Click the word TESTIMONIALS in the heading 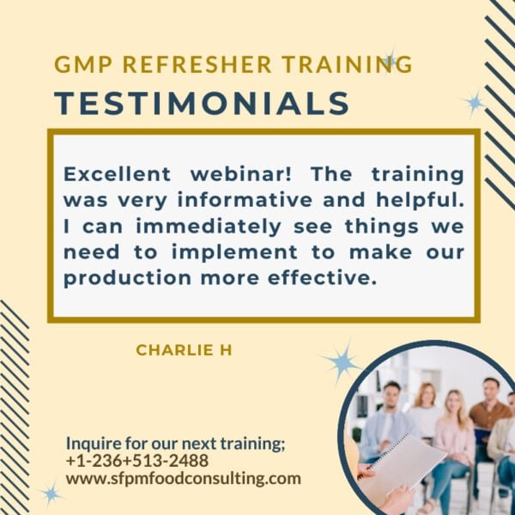[202, 103]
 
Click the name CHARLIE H [184, 350]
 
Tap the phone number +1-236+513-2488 [136, 461]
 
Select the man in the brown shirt [490, 412]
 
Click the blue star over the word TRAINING [391, 60]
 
